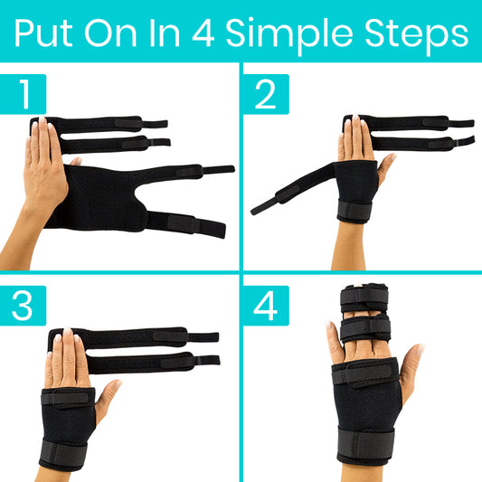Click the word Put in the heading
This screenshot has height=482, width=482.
45,33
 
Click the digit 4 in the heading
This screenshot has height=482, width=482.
201,33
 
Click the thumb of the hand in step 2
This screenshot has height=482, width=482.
387,164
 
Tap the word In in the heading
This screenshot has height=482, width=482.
165,33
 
